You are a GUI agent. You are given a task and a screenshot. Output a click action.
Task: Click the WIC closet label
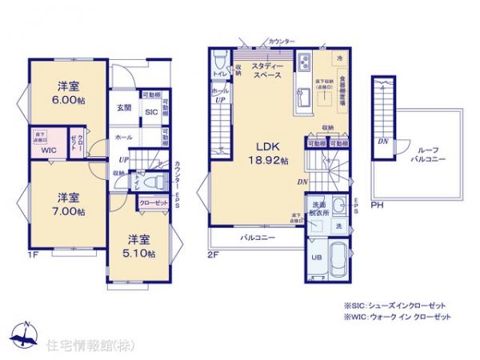point(48,150)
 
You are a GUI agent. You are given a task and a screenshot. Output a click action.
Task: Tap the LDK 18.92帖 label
point(266,153)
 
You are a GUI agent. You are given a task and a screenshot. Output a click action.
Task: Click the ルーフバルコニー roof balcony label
point(424,154)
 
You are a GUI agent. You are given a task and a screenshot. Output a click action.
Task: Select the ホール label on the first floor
point(124,138)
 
